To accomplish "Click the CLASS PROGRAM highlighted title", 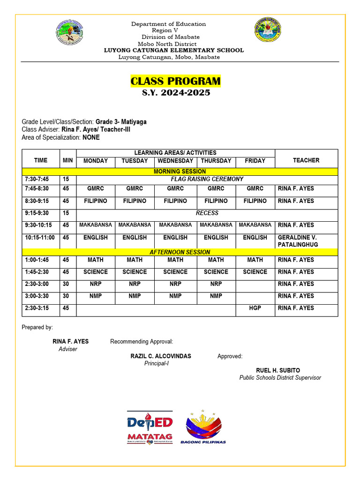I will pos(175,81).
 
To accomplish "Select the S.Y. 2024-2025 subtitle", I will pos(176,93).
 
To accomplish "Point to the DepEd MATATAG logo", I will pos(150,427).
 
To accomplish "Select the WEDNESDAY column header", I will pos(175,161).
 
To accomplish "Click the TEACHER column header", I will pos(306,160).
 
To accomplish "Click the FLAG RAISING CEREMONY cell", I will pos(207,179).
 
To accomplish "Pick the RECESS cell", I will pos(207,213).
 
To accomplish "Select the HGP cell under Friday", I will pos(255,308).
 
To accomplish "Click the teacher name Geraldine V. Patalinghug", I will pos(297,241).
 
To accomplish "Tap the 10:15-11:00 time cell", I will pos(40,238).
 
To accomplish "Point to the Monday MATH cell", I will pos(96,260).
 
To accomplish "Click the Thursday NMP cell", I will pos(216,296).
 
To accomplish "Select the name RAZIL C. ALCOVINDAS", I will pos(161,356).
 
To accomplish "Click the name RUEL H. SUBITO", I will pos(278,370).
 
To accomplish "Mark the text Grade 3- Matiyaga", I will pos(121,122).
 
